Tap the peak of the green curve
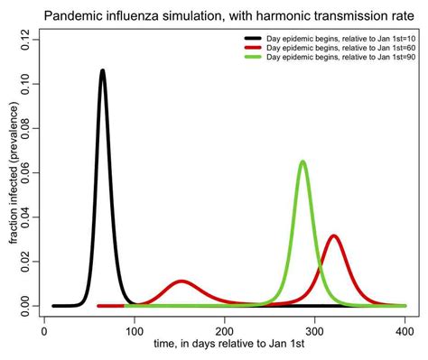pos(302,162)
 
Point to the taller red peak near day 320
pos(334,236)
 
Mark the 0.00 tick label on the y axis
pos(29,306)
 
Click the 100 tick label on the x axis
pos(135,331)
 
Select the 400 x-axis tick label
pos(405,331)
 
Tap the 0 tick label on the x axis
pos(44,331)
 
